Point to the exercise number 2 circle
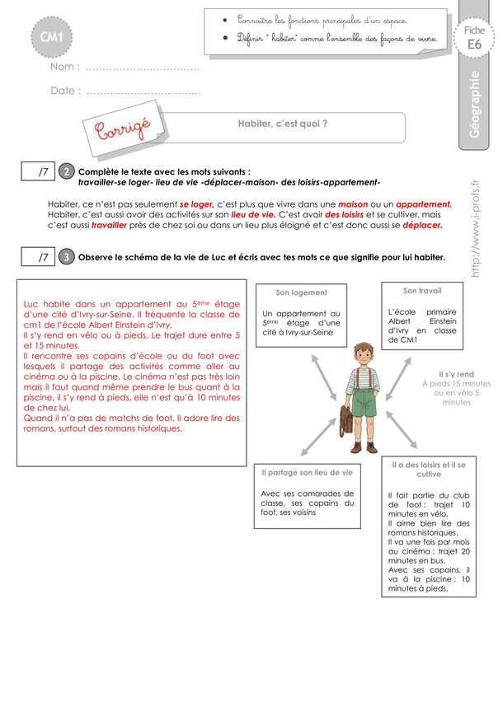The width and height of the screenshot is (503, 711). point(67,171)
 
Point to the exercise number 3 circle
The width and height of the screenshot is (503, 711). point(67,258)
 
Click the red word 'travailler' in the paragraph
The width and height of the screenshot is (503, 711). point(110,224)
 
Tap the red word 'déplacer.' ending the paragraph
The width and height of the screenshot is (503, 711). point(423,224)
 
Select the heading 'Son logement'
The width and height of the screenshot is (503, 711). point(301,292)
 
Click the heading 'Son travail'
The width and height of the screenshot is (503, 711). point(421,291)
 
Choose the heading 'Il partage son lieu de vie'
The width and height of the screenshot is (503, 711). point(307,472)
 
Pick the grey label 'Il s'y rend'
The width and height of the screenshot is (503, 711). point(455,373)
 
